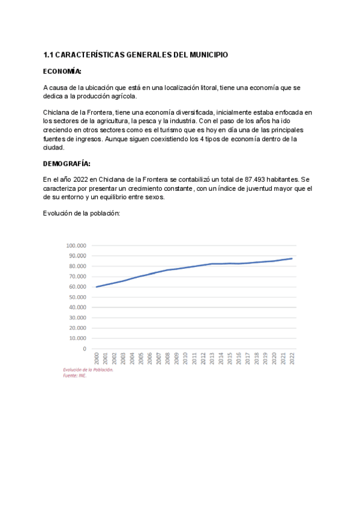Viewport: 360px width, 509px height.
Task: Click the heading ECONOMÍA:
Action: click(62, 72)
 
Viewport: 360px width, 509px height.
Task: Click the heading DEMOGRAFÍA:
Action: click(67, 163)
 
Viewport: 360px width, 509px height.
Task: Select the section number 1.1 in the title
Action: click(49, 55)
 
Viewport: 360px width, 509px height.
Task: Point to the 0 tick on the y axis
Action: click(85, 349)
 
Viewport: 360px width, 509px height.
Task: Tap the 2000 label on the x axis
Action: click(97, 358)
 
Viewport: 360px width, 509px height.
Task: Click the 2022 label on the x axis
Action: click(292, 358)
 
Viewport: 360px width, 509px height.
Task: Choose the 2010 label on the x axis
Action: click(185, 358)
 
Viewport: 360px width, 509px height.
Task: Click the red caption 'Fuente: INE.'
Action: click(74, 376)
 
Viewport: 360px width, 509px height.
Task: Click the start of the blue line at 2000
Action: click(97, 287)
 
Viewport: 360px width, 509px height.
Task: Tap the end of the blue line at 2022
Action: click(292, 259)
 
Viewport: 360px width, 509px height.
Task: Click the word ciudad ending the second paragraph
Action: click(54, 148)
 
